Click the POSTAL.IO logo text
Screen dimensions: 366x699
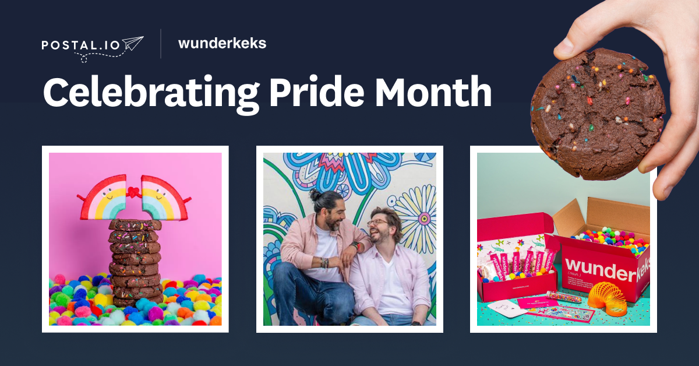82,45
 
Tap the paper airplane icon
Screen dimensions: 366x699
133,43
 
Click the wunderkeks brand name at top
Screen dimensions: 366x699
222,43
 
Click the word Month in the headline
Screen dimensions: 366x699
433,91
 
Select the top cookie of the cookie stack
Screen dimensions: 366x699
135,225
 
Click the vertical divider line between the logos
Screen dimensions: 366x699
161,44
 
